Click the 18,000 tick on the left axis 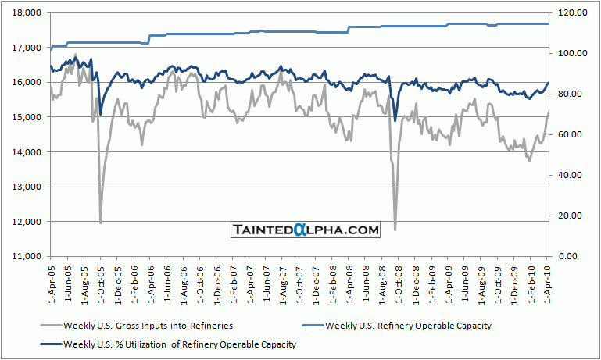tap(26, 13)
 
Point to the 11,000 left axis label tap(26, 256)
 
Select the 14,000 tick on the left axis tap(26, 152)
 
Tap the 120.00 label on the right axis tap(569, 13)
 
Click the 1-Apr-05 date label tap(51, 282)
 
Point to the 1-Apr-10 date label tap(548, 282)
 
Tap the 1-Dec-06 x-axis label tap(216, 282)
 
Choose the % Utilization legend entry tap(168, 343)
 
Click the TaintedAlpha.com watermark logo tap(306, 230)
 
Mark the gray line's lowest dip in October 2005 tap(100, 223)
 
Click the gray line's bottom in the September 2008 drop tap(395, 230)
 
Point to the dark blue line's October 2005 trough tap(100, 115)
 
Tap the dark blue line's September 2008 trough tap(395, 120)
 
